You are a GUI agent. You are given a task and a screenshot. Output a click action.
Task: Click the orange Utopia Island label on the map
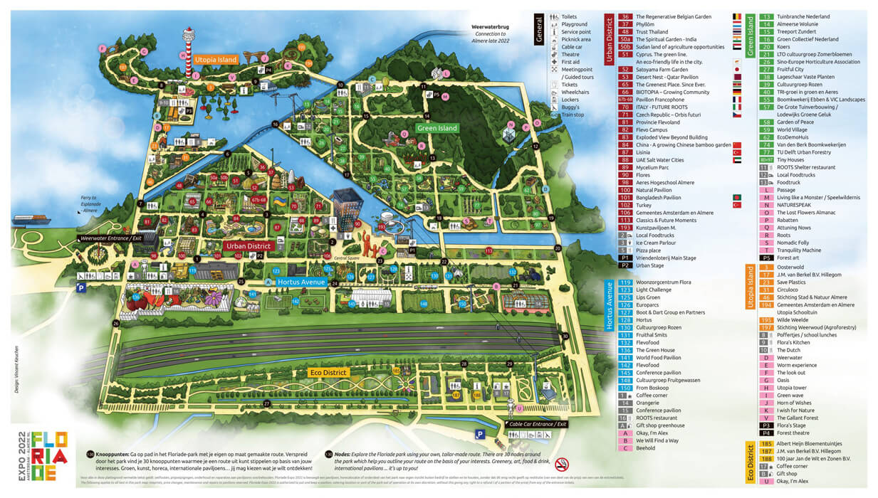[215, 60]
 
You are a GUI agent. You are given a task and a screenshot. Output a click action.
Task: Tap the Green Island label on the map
[437, 128]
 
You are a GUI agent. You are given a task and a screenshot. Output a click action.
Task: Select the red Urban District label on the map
[247, 245]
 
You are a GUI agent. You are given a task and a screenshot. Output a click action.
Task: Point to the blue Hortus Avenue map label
[299, 282]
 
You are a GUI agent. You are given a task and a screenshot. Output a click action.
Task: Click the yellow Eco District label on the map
[328, 372]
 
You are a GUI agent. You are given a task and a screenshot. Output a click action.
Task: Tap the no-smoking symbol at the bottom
[563, 464]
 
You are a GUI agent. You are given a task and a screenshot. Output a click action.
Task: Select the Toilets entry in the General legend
[569, 16]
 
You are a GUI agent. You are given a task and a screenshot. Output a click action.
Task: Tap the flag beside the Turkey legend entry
[737, 204]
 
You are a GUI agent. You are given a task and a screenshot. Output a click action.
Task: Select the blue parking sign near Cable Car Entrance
[480, 433]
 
